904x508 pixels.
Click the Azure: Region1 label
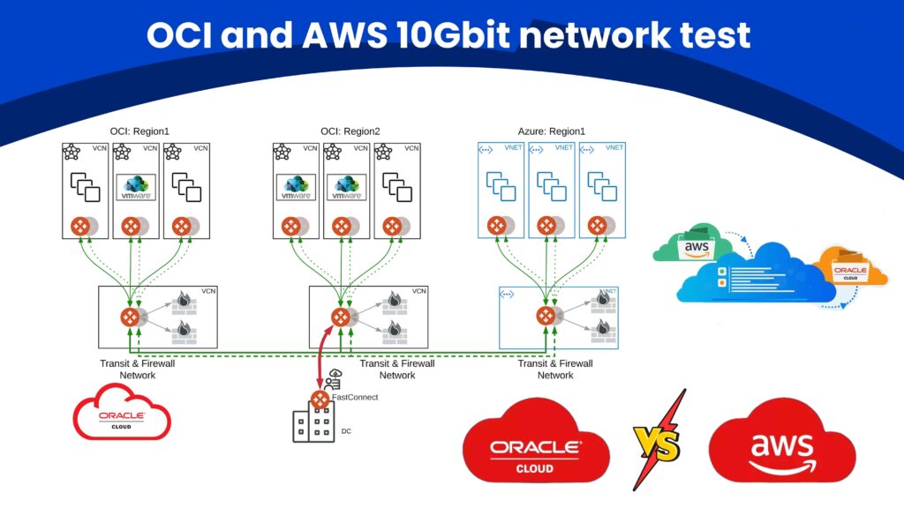pos(551,131)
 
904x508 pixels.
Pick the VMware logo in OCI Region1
pos(137,188)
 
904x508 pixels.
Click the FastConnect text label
pos(355,398)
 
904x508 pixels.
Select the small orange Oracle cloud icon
pos(850,268)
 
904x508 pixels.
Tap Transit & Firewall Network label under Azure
pos(555,369)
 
